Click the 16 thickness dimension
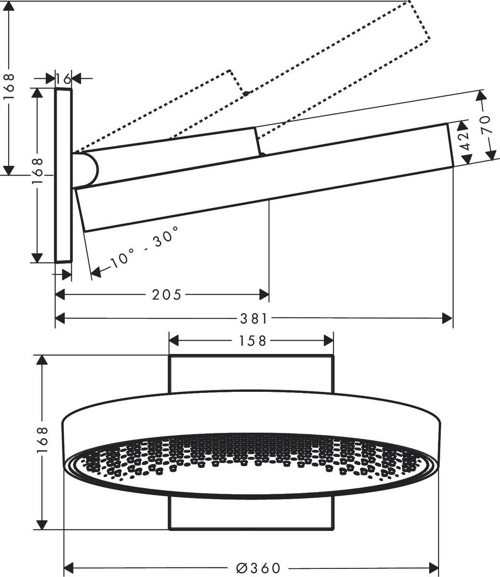click(x=63, y=78)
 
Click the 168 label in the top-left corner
click(x=9, y=87)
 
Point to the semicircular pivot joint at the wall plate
click(x=87, y=170)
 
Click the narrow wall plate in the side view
click(x=63, y=176)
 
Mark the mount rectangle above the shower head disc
click(x=251, y=373)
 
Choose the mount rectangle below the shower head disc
click(x=251, y=514)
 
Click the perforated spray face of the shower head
click(x=250, y=459)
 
